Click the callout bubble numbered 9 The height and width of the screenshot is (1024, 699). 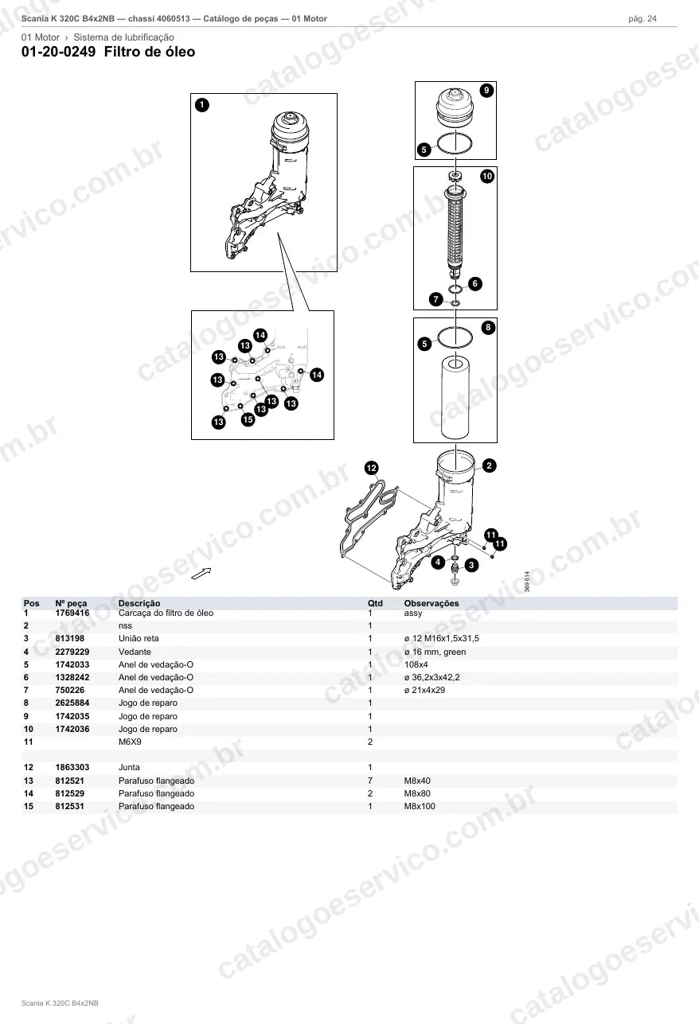(486, 90)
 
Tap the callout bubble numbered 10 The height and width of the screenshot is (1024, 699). (487, 176)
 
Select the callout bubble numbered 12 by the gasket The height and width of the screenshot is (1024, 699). (372, 468)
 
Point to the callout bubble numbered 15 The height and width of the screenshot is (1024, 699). (248, 419)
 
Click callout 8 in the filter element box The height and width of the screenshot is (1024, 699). (488, 327)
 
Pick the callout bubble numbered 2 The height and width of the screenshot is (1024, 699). (489, 465)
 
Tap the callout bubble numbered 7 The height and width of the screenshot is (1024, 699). (436, 299)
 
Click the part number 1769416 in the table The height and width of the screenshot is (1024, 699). (72, 613)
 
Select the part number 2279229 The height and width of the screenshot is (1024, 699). (72, 652)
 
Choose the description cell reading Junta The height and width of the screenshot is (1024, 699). (129, 768)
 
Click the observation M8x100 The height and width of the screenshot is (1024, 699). (420, 807)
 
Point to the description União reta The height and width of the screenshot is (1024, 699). (139, 639)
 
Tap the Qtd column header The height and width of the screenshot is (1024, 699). (375, 603)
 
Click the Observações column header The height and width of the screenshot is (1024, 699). (432, 603)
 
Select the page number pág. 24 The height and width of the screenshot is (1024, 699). (642, 19)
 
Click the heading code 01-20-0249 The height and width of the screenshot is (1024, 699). (59, 52)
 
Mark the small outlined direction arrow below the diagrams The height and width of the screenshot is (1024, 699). (201, 573)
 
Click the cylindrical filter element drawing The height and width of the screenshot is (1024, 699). (455, 397)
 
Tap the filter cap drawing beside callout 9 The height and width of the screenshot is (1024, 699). (455, 108)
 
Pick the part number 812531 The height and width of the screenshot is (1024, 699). (69, 807)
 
